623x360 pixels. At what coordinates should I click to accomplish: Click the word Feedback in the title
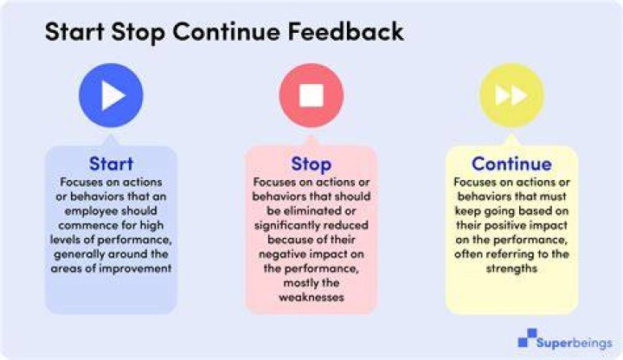345,31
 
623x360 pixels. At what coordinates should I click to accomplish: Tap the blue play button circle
111,95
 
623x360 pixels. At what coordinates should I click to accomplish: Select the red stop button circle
311,95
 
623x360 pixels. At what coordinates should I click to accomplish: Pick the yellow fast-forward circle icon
511,95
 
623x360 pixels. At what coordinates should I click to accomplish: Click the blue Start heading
111,164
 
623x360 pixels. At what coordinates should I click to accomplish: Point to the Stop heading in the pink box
311,164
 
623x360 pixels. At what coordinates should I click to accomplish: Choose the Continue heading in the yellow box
511,164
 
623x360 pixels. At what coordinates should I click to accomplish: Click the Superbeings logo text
575,343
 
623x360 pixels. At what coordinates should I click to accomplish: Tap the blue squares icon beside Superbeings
527,337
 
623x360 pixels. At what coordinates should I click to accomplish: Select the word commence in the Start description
83,225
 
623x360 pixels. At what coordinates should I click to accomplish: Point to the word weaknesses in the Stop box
311,297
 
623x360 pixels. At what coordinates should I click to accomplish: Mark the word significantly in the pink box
284,226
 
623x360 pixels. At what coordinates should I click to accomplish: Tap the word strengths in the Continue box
511,268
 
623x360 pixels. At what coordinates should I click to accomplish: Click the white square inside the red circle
311,95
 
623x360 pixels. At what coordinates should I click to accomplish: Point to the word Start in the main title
74,31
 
